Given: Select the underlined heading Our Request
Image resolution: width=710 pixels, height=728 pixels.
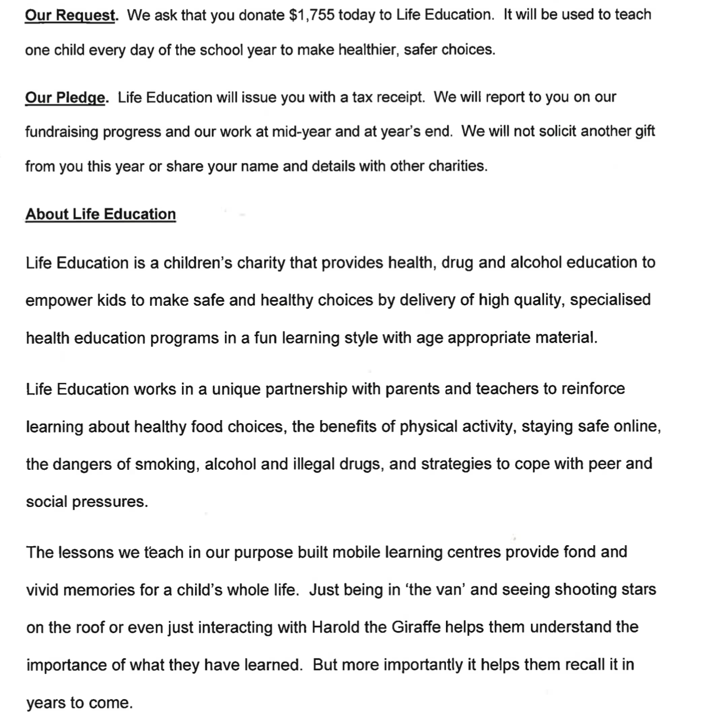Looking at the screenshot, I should pyautogui.click(x=70, y=15).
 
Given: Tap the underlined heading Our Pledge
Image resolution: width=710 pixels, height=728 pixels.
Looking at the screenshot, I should pyautogui.click(x=65, y=97).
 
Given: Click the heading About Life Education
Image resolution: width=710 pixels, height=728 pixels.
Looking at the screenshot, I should pyautogui.click(x=101, y=214).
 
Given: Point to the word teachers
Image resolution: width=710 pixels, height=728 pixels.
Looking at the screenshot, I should pyautogui.click(x=507, y=389).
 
